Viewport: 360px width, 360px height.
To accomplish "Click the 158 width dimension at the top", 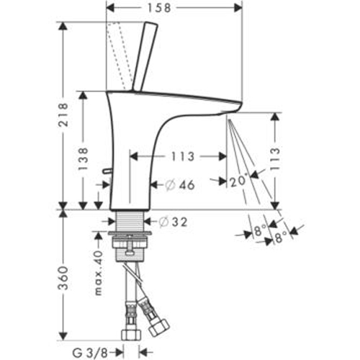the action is tap(159, 8).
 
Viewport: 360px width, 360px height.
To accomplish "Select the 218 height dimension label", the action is tap(63, 114).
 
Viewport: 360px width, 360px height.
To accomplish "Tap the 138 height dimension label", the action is tap(84, 158).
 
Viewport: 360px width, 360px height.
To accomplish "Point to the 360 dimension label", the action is tap(63, 278).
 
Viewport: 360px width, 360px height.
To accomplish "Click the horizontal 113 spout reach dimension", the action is tap(183, 156).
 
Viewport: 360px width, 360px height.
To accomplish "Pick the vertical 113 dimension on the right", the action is tap(275, 158).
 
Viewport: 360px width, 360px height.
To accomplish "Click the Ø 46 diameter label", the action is tap(180, 185).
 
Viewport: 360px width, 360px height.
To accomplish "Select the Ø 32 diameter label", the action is tap(173, 222).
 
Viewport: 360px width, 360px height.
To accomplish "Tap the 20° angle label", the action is tap(238, 181).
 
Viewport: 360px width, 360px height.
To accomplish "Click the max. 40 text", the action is tap(98, 273).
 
